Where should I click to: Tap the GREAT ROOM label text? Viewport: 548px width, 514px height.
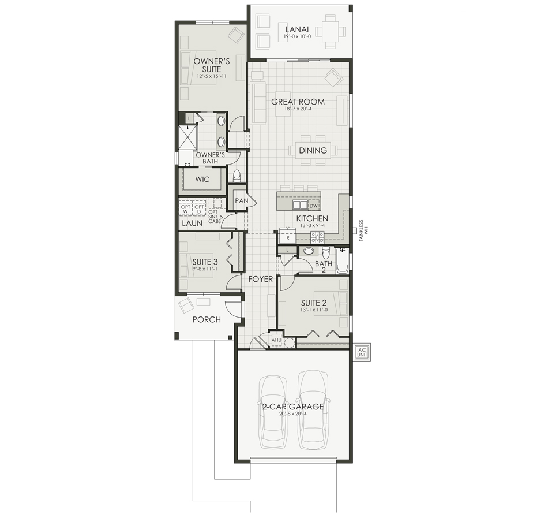click(298, 102)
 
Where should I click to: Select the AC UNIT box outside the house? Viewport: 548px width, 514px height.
click(363, 352)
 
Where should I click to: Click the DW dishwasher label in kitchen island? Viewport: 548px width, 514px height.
click(314, 206)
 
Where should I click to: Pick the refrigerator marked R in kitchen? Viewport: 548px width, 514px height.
click(287, 236)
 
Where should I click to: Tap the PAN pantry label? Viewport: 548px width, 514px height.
click(241, 200)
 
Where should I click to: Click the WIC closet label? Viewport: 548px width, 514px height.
click(202, 179)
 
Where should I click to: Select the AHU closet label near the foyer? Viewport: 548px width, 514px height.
click(276, 340)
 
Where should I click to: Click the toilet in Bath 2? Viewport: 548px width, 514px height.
click(326, 254)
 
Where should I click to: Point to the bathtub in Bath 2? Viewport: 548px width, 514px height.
click(343, 260)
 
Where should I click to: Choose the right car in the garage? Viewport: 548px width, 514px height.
click(311, 407)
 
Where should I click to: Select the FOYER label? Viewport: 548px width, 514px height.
click(261, 279)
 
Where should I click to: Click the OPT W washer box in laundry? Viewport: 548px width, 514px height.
click(185, 208)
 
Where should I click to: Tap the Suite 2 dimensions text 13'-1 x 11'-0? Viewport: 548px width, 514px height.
click(314, 310)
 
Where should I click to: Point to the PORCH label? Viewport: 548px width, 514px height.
click(207, 319)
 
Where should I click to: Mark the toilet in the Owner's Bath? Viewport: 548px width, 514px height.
click(236, 175)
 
